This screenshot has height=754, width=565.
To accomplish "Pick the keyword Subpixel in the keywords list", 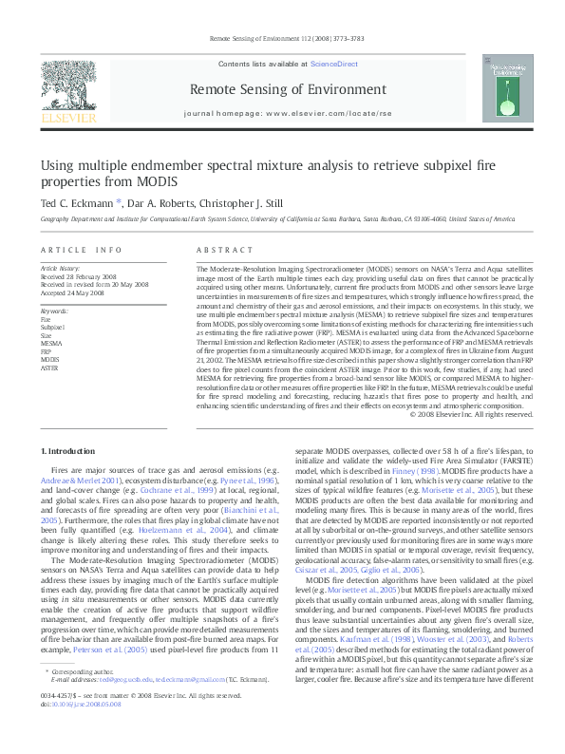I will click(x=53, y=327).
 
